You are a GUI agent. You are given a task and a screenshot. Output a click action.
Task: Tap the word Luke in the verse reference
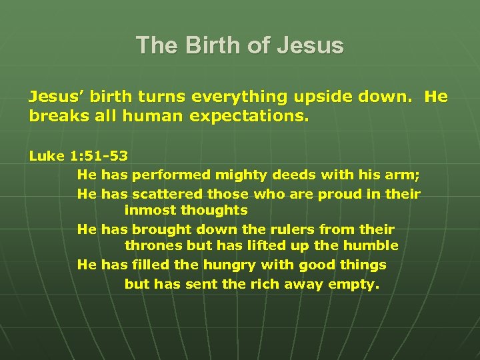pos(46,156)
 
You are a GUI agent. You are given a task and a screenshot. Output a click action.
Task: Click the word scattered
pos(167,194)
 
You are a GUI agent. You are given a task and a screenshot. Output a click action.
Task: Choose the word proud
pos(343,194)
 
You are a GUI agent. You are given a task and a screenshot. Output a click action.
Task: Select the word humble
pos(371,246)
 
